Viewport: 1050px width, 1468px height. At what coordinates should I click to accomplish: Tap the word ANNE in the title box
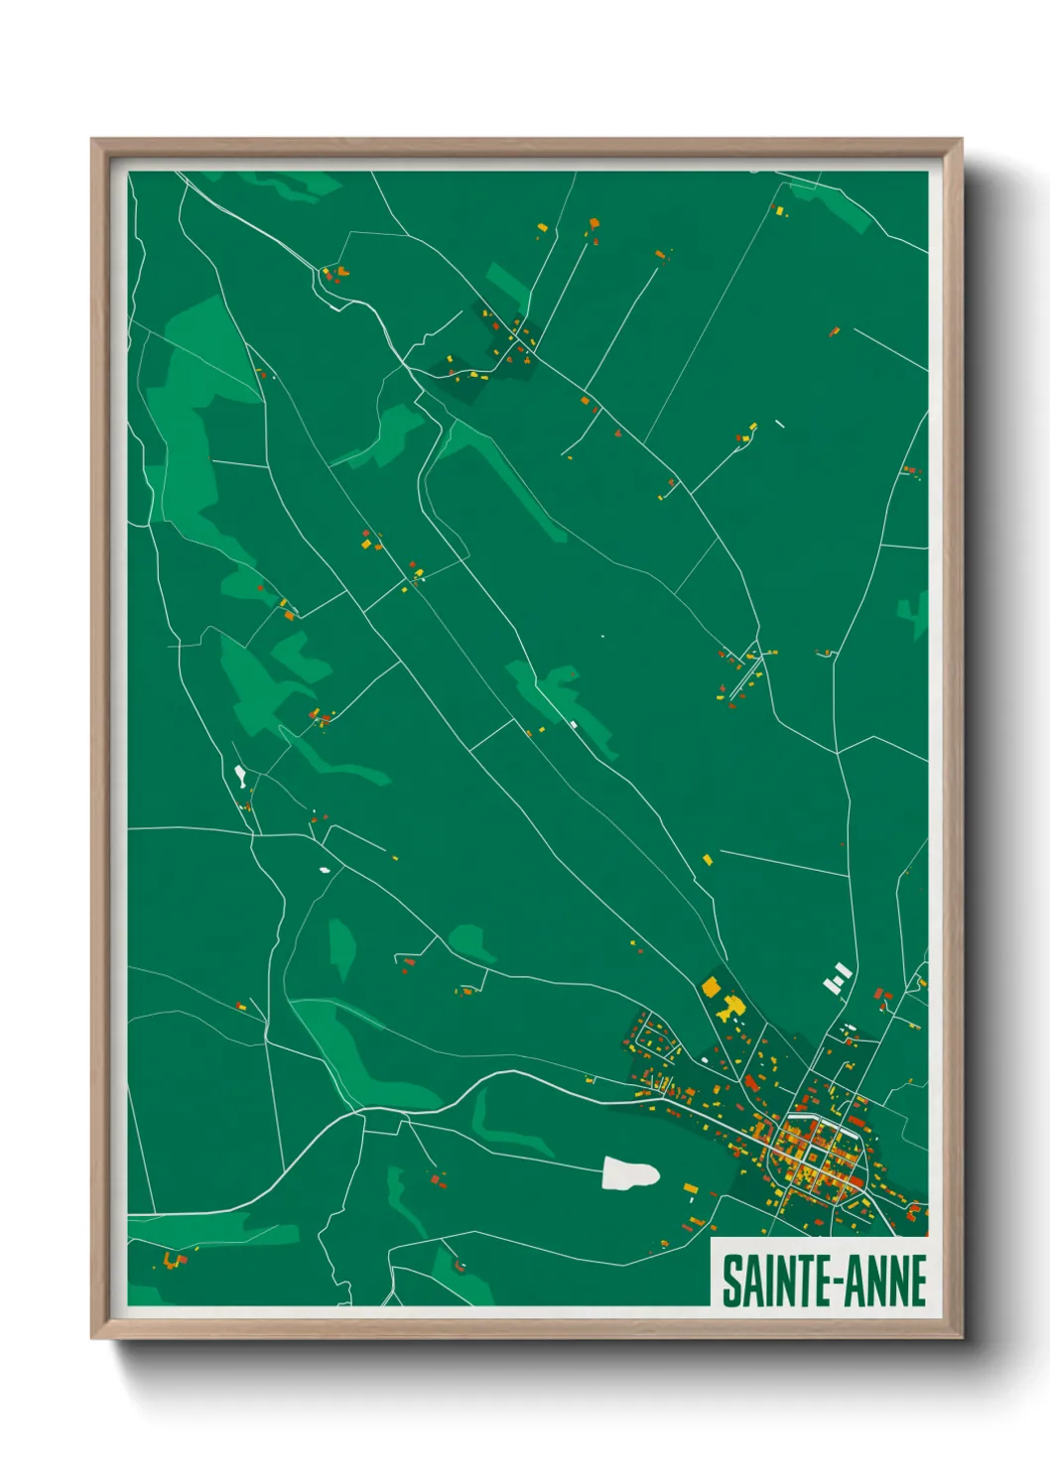888,1281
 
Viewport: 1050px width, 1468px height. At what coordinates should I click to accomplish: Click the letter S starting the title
730,1281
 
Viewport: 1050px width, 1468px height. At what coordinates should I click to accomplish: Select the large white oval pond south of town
629,1173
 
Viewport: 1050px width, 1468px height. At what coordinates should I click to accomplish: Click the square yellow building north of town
711,986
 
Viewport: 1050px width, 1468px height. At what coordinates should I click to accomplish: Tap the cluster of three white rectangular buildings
838,977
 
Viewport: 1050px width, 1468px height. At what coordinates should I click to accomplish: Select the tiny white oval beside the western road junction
325,871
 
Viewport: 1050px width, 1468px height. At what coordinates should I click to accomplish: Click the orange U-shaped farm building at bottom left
175,1260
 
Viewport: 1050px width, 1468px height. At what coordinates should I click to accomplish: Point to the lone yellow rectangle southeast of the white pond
691,1187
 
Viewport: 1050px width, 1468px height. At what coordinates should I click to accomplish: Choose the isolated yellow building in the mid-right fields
708,859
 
